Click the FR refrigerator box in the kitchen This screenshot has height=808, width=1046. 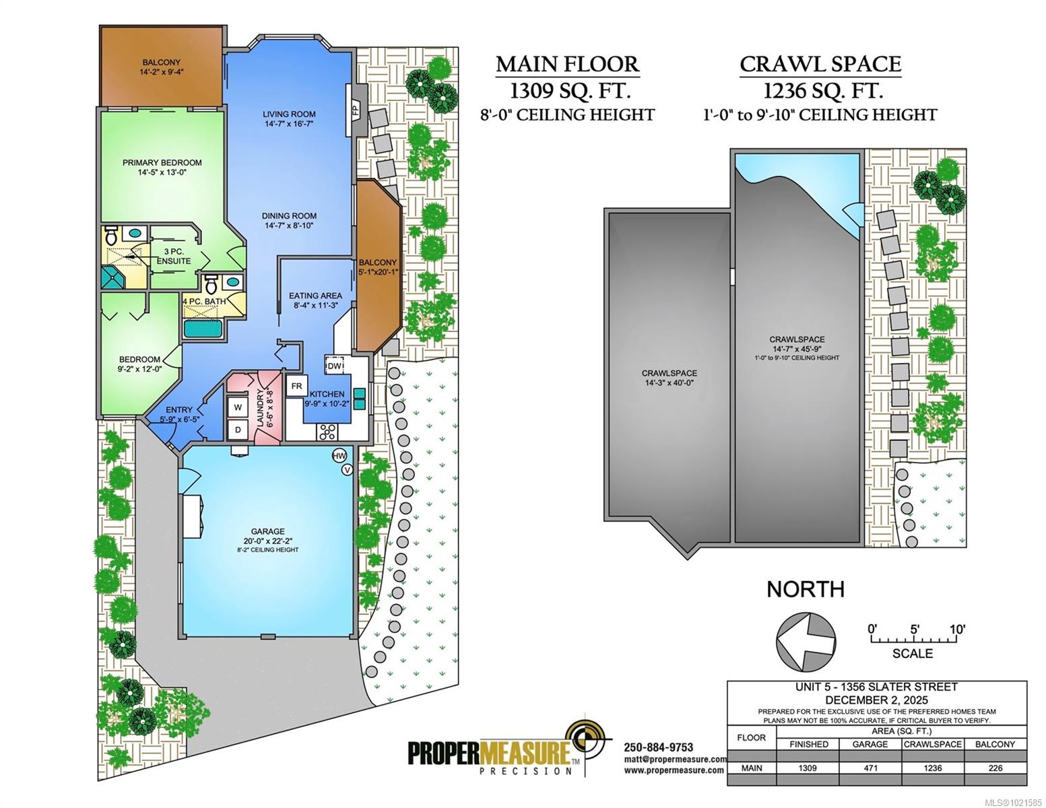click(x=296, y=386)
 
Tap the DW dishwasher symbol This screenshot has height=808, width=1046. click(x=335, y=366)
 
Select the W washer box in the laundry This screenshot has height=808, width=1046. click(x=238, y=407)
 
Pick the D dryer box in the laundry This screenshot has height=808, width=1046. click(x=238, y=430)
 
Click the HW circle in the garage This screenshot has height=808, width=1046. click(x=339, y=456)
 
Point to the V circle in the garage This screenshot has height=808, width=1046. click(x=347, y=470)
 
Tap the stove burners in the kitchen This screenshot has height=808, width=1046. click(x=327, y=432)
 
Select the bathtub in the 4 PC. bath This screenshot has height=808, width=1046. click(x=203, y=330)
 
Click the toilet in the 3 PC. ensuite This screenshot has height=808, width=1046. click(x=111, y=235)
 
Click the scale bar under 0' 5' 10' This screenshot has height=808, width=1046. click(x=913, y=640)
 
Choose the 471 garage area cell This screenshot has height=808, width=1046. click(x=870, y=768)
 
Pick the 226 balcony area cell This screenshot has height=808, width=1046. click(x=995, y=768)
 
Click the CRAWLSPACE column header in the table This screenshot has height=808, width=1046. click(x=932, y=744)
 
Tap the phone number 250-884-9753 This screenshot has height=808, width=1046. click(x=659, y=747)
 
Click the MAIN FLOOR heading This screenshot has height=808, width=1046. click(x=568, y=65)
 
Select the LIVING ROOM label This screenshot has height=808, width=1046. click(x=290, y=114)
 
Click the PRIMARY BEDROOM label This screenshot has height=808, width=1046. click(x=162, y=163)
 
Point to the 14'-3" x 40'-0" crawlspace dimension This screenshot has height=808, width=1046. click(x=669, y=383)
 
